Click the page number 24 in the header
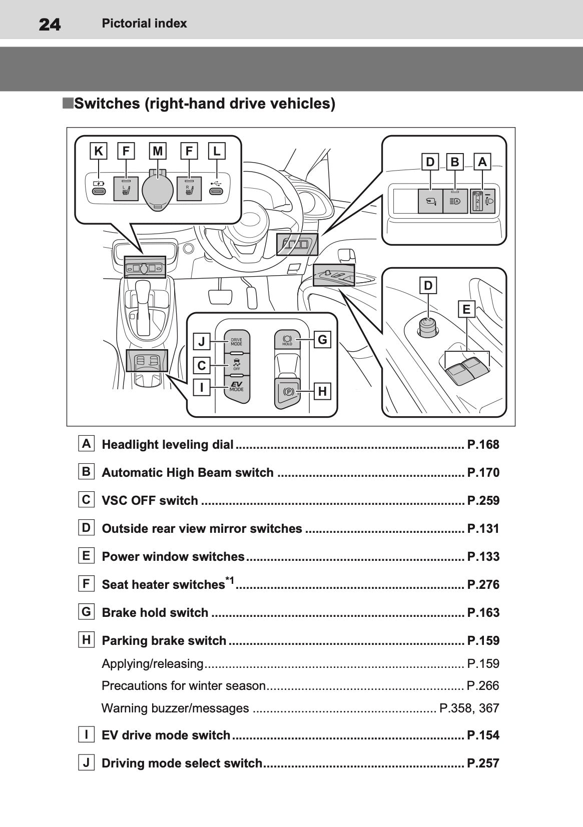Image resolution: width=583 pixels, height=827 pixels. pos(50,24)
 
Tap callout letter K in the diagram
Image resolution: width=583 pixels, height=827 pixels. pos(99,151)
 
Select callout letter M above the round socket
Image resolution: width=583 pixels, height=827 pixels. pos(158,151)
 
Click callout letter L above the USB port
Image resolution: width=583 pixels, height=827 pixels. pos(216,151)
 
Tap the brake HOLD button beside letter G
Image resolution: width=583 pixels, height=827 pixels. pos(287,340)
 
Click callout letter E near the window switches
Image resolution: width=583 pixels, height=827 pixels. pos(466,309)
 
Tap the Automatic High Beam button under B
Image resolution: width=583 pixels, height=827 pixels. pos(455,201)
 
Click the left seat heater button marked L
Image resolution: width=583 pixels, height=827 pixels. pos(126,189)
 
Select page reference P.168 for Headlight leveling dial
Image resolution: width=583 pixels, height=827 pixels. pos(483,444)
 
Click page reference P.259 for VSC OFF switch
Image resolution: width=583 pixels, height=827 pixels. pos(483,500)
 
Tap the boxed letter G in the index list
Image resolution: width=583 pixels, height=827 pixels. pos(86,611)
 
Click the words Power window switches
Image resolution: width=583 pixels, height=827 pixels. pos(173,556)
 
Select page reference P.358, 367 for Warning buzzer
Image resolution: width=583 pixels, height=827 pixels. pos(469,708)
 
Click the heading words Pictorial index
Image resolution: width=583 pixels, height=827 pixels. pos(144,24)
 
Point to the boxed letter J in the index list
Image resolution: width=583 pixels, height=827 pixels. pos(86,762)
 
